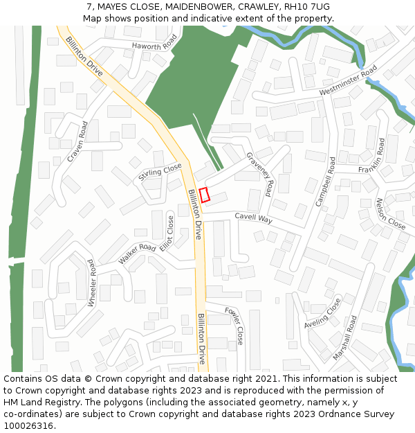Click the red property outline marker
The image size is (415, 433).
[205, 195]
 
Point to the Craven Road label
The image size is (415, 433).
[77, 142]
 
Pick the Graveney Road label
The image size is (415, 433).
[261, 174]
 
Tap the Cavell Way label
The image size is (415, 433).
[253, 218]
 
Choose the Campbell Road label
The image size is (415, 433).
[325, 181]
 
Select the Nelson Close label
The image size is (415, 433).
[390, 214]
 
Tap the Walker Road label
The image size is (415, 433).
[137, 253]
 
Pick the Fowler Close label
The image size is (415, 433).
[234, 326]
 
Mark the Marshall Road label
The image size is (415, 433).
[345, 337]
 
